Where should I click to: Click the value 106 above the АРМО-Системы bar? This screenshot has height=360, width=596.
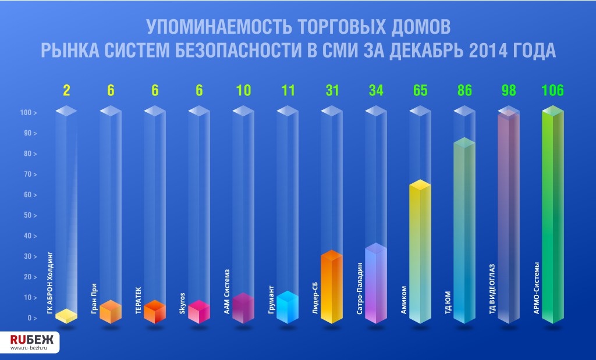tap(552, 90)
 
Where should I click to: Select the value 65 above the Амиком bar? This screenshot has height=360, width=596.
tap(419, 90)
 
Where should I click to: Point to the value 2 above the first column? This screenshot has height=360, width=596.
tap(66, 90)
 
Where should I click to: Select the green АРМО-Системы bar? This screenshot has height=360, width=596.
tap(552, 215)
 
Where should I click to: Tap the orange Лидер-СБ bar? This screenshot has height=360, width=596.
tap(330, 288)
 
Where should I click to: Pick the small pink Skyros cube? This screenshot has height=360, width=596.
tap(198, 312)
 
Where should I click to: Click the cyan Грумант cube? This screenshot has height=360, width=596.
tap(287, 308)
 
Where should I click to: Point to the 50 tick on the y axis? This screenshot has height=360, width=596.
tap(29, 216)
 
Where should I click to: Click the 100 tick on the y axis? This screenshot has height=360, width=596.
tap(27, 113)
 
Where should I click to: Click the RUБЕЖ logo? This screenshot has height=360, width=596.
tap(31, 340)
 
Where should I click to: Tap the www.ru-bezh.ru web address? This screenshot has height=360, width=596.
tap(31, 349)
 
